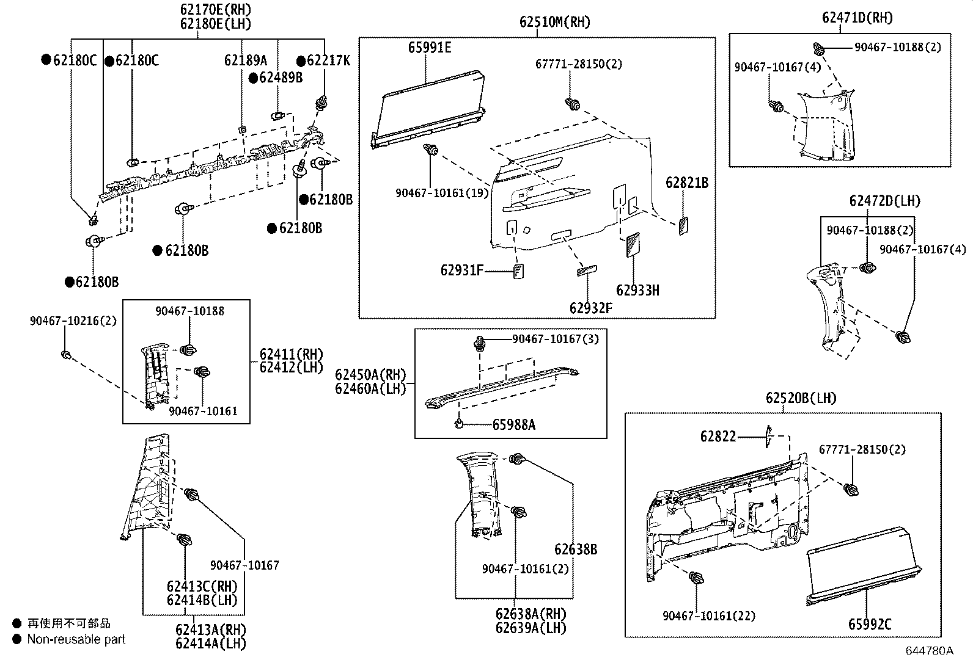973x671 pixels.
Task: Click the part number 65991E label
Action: [430, 47]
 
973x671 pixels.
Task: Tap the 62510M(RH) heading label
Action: [555, 22]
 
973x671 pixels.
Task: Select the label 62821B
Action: [687, 183]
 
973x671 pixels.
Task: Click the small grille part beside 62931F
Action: [519, 270]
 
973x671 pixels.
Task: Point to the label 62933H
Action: [637, 290]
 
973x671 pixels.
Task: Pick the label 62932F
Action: [590, 308]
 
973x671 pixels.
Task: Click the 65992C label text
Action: [870, 624]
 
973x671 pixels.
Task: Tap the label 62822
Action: [718, 437]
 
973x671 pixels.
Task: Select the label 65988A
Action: [513, 424]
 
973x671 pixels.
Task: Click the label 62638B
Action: [576, 549]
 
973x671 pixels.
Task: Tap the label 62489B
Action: [281, 78]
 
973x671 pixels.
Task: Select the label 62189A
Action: [246, 60]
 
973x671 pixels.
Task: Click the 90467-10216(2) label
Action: [73, 321]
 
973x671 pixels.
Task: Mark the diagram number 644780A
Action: [929, 651]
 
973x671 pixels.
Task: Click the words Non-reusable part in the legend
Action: [76, 639]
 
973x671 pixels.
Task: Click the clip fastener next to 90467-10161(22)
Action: [696, 578]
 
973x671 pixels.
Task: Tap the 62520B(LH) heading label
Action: [801, 398]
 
